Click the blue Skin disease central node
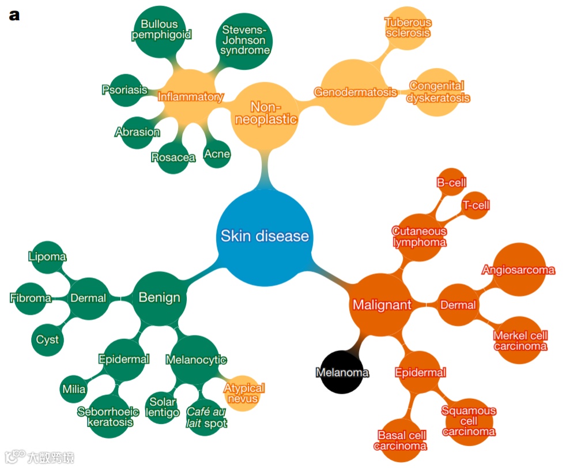coord(265,236)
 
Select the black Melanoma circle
coord(342,372)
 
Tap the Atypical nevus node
coord(244,394)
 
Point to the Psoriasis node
coord(124,90)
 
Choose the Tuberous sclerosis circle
coord(407,28)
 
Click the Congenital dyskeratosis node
coord(437,92)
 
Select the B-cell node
coord(451,183)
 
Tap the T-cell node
coord(476,206)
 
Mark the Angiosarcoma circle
coord(518,270)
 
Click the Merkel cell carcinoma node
coord(520,341)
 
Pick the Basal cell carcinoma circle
coord(402,440)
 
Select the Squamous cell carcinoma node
coord(469,421)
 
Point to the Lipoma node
coord(47,257)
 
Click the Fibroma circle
coord(31,298)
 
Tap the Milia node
coord(74,389)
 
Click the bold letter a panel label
coord(14,15)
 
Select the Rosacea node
coord(173,157)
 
